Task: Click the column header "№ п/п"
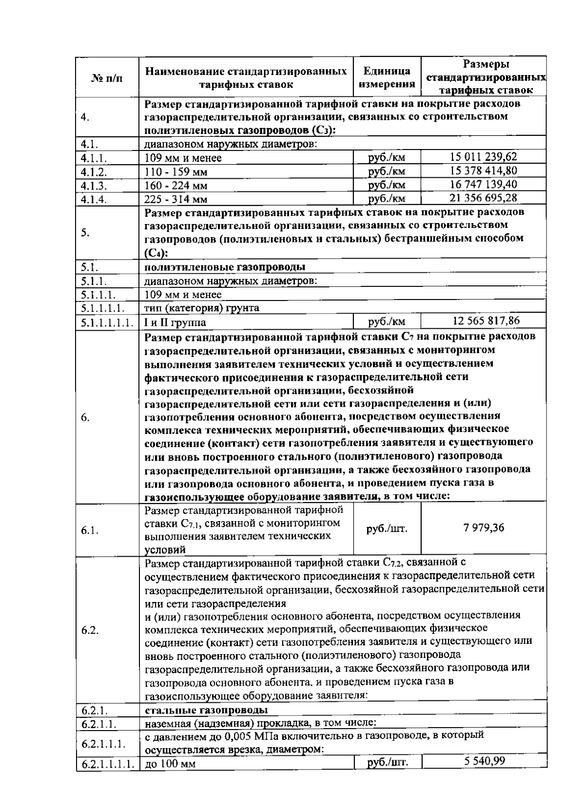pos(107,78)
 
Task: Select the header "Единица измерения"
pos(387,78)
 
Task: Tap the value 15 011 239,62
pos(483,157)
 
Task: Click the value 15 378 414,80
pos(483,170)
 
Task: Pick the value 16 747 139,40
pos(483,184)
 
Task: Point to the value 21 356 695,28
pos(483,198)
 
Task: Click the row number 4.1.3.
pos(94,186)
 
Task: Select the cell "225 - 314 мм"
pos(176,199)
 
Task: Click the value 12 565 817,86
pos(486,320)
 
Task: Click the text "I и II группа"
pos(175,322)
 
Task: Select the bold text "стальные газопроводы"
pos(206,709)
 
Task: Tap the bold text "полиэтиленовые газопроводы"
pos(225,267)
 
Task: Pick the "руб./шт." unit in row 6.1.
pos(387,528)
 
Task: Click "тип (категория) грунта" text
pos(202,308)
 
